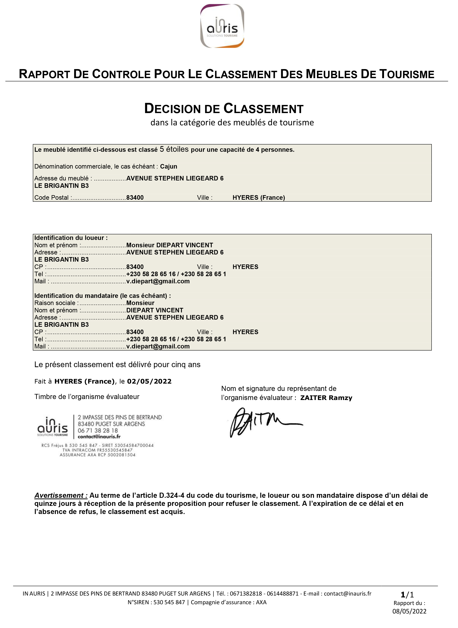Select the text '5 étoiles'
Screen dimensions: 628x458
point(174,149)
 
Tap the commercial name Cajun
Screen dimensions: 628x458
point(169,166)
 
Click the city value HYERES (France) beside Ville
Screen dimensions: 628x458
point(259,198)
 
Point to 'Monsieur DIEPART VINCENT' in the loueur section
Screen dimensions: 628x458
point(169,245)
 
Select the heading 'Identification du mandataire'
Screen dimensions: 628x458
point(103,296)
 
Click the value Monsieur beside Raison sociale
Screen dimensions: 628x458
point(140,303)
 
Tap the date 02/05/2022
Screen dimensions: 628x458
point(149,381)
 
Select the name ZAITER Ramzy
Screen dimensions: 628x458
point(326,398)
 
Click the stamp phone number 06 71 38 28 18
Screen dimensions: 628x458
point(98,431)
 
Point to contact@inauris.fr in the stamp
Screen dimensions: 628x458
point(99,437)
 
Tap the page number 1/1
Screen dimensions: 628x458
point(407,595)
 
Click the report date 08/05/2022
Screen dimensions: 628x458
point(409,611)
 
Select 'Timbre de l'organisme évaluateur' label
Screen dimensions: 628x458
point(87,397)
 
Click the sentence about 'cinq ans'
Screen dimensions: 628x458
point(117,365)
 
